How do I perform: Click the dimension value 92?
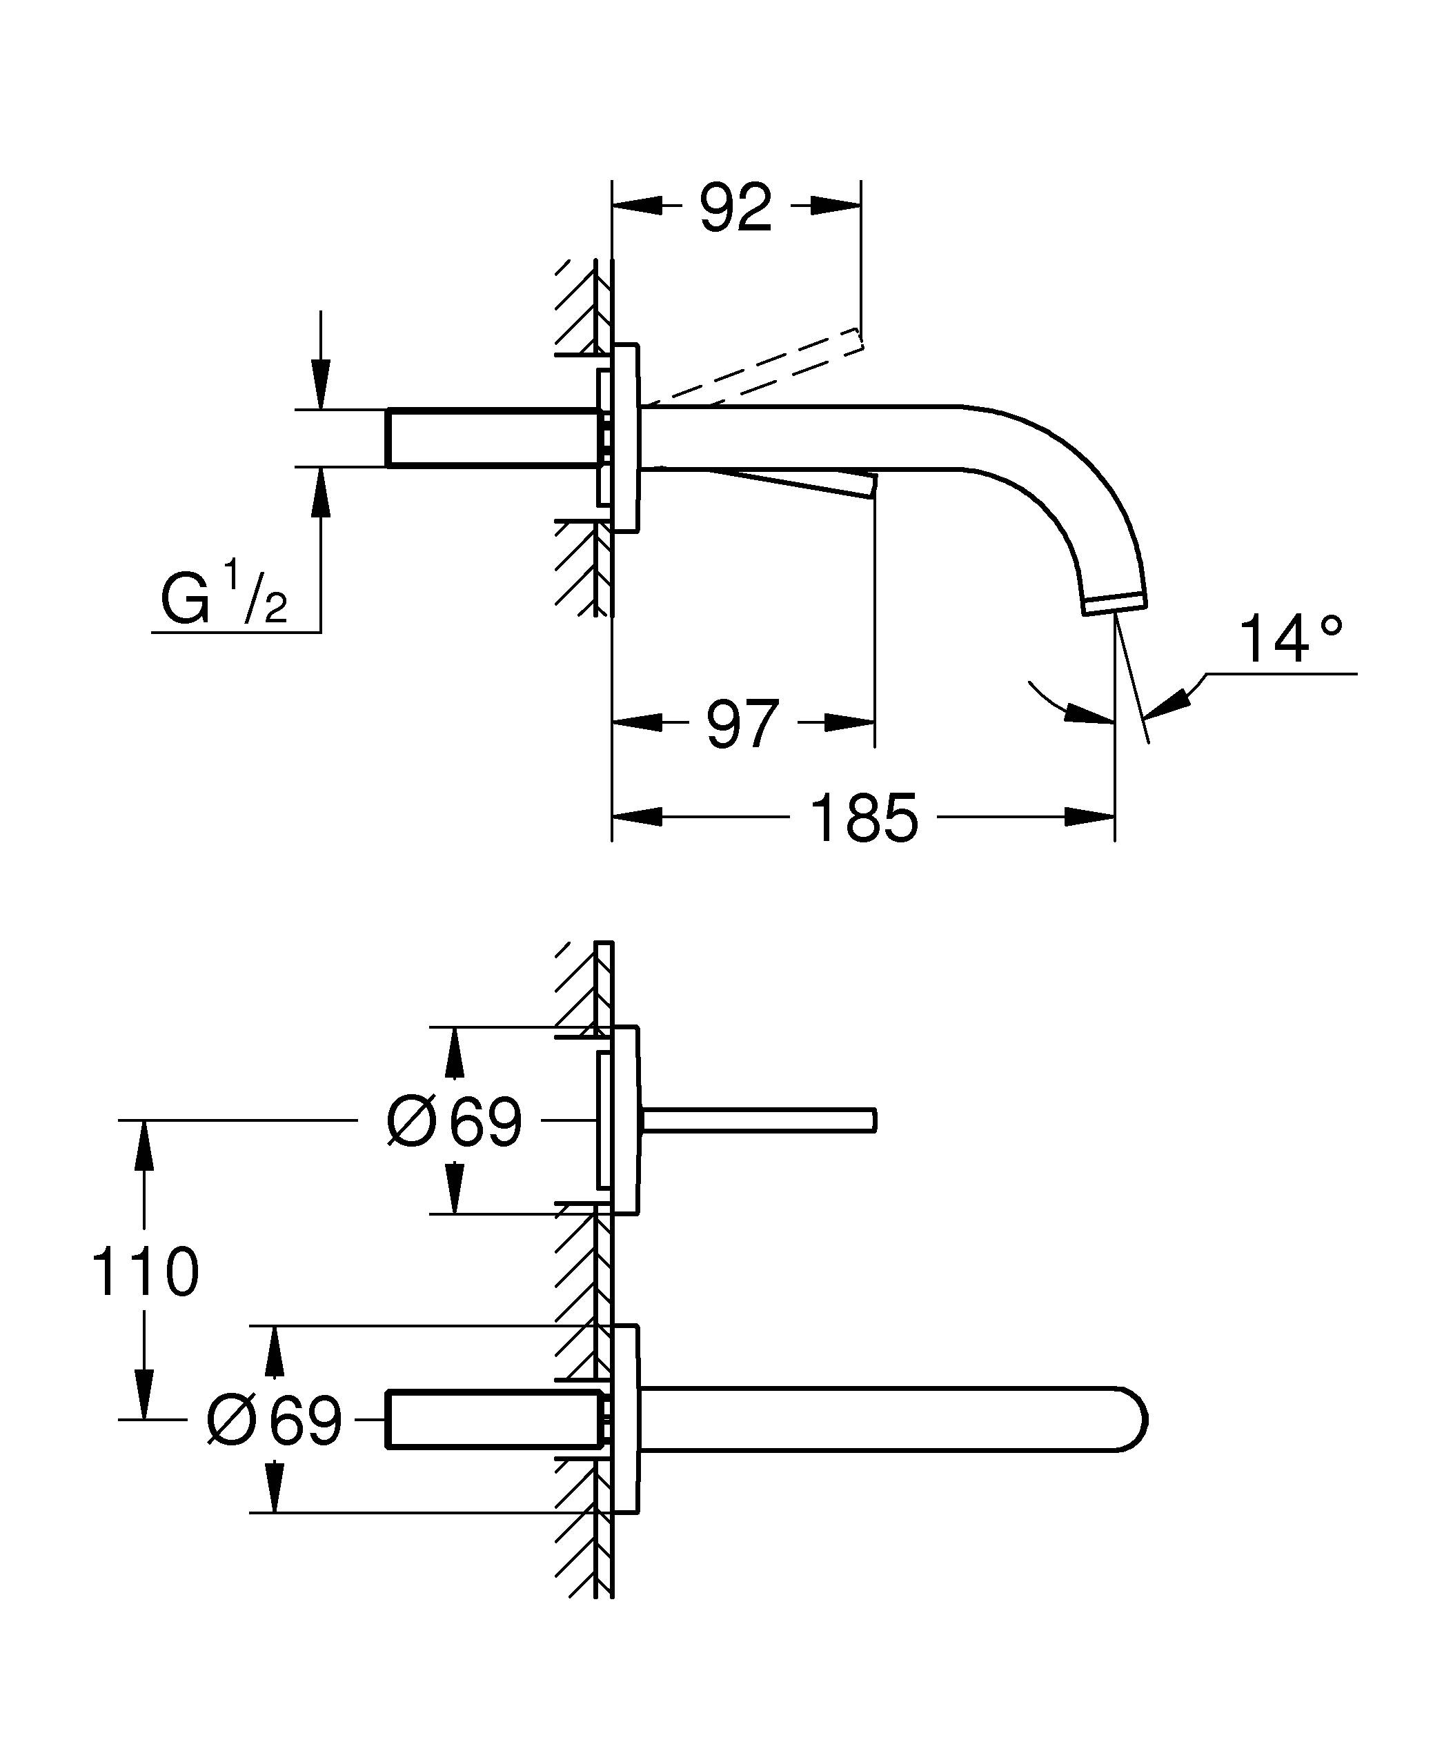(x=735, y=208)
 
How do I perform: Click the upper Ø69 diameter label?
(x=455, y=1122)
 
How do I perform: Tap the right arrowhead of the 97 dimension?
(x=852, y=723)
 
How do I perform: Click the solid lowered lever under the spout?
(x=796, y=481)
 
